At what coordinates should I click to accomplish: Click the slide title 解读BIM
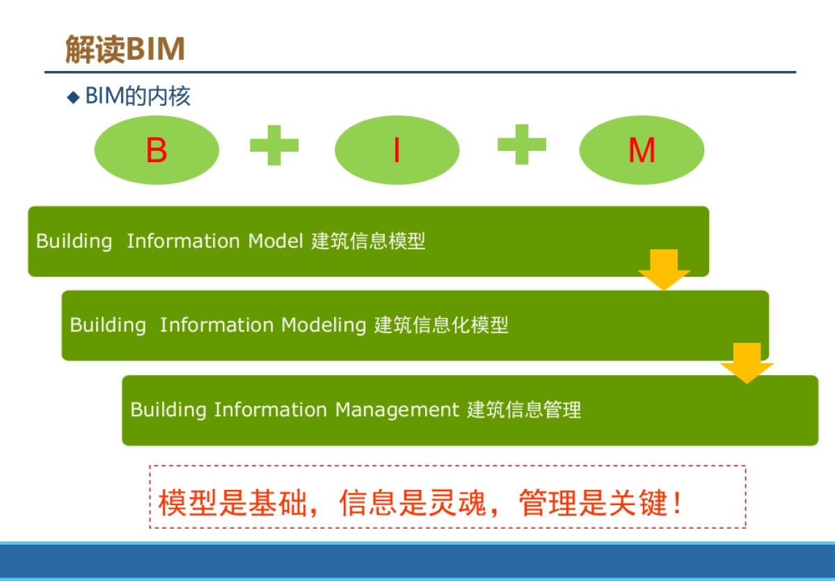coord(125,49)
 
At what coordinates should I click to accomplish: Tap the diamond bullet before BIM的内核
coord(74,97)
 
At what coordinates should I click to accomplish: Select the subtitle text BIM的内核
coord(137,97)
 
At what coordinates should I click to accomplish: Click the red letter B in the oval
coord(157,150)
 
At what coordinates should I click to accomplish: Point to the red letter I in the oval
coord(397,150)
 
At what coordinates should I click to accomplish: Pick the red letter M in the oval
coord(641,150)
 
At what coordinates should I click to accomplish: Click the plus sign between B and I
coord(274,145)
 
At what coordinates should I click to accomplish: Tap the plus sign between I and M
coord(521,144)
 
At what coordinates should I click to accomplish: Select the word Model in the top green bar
coord(276,241)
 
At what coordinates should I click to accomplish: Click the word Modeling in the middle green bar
coord(324,326)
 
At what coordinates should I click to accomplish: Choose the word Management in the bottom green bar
coord(397,410)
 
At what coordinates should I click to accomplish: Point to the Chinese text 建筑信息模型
coord(368,241)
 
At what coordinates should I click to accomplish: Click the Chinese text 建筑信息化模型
coord(441,325)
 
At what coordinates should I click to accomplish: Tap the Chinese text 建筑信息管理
coord(524,410)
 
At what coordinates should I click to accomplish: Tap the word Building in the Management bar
coord(168,410)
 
